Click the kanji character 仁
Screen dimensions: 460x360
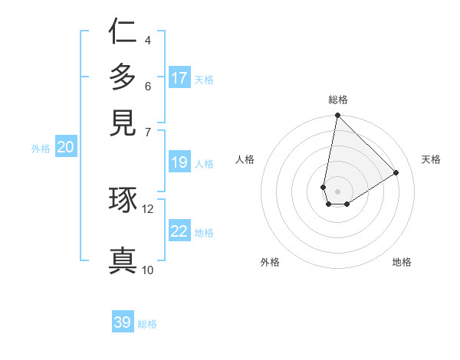tap(123, 32)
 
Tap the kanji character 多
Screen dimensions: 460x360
tap(123, 77)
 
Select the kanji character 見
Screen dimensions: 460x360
tap(123, 123)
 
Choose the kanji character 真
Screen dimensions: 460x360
tap(123, 260)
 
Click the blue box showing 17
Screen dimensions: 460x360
tap(179, 78)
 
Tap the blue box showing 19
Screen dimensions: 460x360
tap(179, 162)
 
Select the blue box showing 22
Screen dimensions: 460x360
tap(179, 232)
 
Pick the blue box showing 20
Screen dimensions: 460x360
tap(66, 148)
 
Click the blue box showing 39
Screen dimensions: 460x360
tap(123, 322)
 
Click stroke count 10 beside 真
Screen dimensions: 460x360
tap(147, 270)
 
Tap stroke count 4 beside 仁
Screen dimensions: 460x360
tap(147, 40)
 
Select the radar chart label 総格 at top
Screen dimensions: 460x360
tap(338, 100)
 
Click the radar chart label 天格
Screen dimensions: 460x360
tap(431, 159)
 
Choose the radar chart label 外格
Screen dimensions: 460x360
tap(270, 262)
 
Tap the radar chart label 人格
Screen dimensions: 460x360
tap(245, 159)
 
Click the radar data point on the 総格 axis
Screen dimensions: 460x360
tap(337, 116)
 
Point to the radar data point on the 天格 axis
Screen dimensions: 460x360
tap(396, 172)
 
